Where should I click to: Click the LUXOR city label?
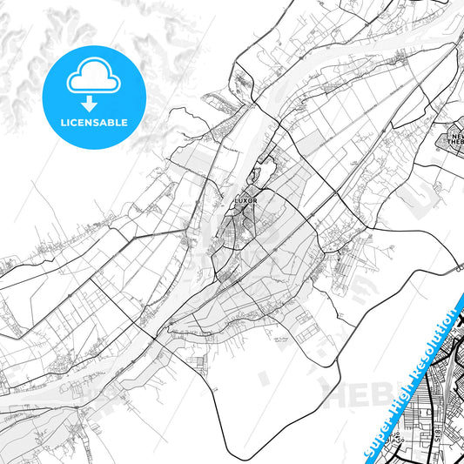[x=247, y=200]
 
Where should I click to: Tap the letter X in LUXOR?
[x=247, y=200]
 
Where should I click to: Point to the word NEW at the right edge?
[x=456, y=138]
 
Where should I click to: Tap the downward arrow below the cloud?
[x=92, y=101]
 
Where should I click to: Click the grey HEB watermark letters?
[x=353, y=393]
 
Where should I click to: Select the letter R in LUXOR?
[x=259, y=200]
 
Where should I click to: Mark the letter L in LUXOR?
[x=236, y=200]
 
